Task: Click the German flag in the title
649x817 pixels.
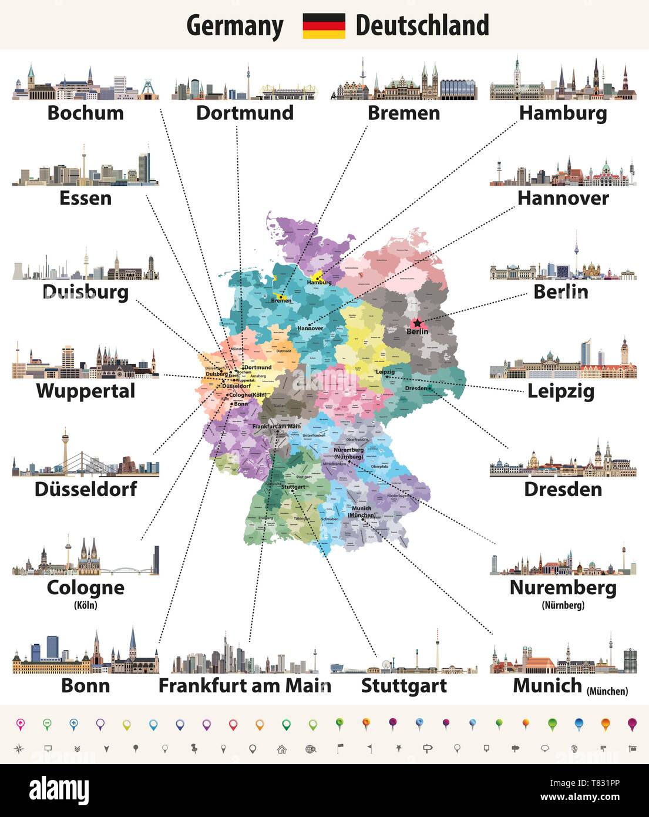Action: pyautogui.click(x=324, y=26)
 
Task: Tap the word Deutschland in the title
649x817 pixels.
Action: pyautogui.click(x=422, y=26)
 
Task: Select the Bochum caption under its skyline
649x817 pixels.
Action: pyautogui.click(x=86, y=113)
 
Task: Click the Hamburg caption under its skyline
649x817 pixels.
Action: pyautogui.click(x=563, y=113)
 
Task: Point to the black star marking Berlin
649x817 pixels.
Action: pyautogui.click(x=417, y=323)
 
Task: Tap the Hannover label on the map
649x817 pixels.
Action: pyautogui.click(x=310, y=328)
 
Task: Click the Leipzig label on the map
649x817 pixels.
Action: pyautogui.click(x=385, y=372)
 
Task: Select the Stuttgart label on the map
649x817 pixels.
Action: pyautogui.click(x=293, y=487)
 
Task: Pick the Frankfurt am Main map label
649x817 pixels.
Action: pyautogui.click(x=276, y=426)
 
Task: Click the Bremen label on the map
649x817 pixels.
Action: pyautogui.click(x=281, y=301)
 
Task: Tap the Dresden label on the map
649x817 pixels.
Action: pyautogui.click(x=416, y=389)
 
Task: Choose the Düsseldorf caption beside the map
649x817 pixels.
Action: pyautogui.click(x=86, y=489)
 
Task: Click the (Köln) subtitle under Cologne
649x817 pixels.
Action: pyautogui.click(x=86, y=605)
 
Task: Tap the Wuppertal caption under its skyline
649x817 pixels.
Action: pyautogui.click(x=86, y=391)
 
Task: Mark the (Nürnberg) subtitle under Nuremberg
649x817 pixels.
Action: pyautogui.click(x=563, y=605)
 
